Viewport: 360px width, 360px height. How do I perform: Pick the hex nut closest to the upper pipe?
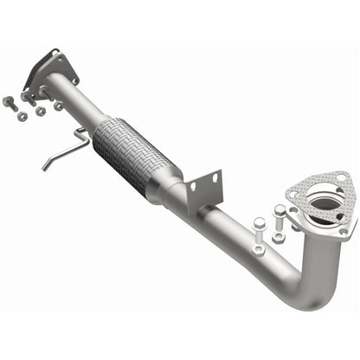(x=59, y=106)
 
